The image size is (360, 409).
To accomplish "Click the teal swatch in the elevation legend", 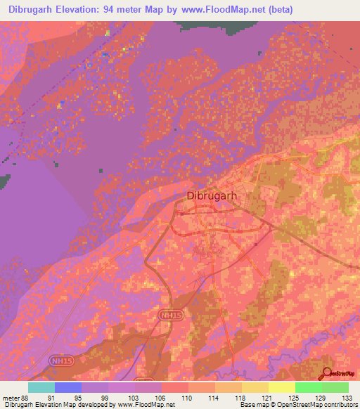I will (x=41, y=387).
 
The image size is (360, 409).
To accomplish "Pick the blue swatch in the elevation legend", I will (x=68, y=387).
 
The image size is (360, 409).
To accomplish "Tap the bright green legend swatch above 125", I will (x=308, y=387).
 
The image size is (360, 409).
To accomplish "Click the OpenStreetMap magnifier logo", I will (x=328, y=372).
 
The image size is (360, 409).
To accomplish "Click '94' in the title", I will (x=119, y=9).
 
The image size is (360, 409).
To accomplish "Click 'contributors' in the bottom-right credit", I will (x=340, y=405).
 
